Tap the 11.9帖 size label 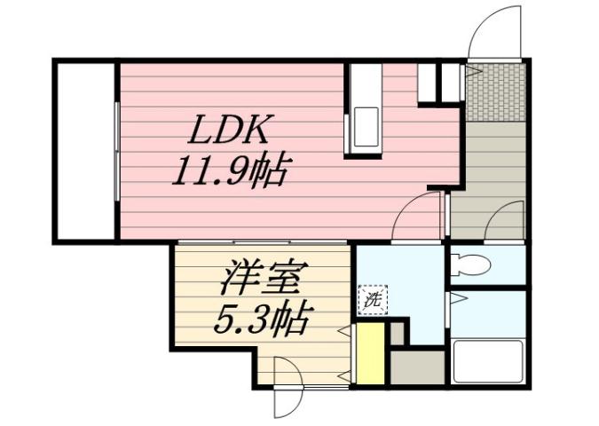229,169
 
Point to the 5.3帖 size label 263,316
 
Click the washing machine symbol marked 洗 373,300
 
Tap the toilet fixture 470,264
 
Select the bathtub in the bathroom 489,362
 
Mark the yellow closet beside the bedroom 370,354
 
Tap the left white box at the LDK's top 428,82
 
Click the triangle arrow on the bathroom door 453,300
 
